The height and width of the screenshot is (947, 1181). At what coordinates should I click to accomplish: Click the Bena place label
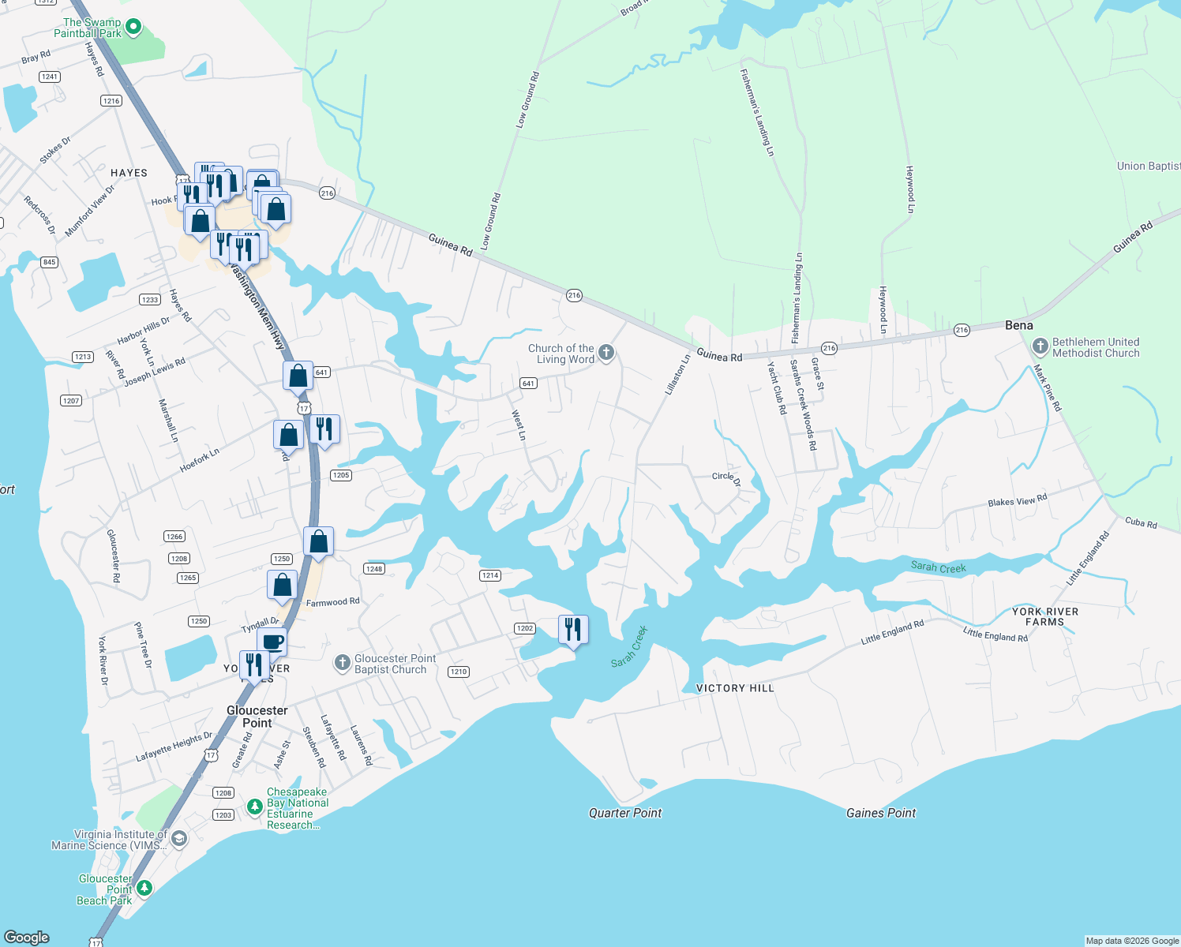tap(1018, 325)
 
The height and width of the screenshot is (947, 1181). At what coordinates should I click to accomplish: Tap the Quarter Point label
tap(625, 813)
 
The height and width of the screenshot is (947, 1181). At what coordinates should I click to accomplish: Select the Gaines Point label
tap(881, 813)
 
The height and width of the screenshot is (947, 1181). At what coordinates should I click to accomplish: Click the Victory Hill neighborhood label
tap(735, 688)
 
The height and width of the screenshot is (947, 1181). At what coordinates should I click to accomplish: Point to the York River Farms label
tap(1045, 616)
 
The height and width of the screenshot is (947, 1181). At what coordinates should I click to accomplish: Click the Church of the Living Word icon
tap(606, 353)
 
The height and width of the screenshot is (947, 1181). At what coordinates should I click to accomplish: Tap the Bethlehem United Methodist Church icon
tap(1040, 346)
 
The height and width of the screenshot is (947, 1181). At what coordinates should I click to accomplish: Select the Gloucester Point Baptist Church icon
tap(342, 663)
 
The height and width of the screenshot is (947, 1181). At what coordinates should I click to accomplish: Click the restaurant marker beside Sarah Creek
tap(573, 629)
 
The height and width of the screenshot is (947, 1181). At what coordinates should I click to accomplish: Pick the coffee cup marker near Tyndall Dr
tap(272, 641)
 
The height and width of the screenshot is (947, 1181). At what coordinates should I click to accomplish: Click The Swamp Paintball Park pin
tap(133, 28)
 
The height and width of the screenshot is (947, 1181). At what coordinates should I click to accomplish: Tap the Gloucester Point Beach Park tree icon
tap(144, 889)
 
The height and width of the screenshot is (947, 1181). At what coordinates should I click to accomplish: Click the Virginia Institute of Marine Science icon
tap(179, 838)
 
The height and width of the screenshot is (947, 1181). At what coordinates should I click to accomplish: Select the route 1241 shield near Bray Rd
tap(50, 77)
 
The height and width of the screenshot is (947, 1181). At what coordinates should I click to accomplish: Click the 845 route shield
tap(49, 262)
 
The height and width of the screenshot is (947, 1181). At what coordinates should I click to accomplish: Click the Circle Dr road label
tap(725, 477)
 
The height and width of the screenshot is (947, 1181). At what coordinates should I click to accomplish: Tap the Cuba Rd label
tap(1141, 522)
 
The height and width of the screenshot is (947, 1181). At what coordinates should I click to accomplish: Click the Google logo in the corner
tap(27, 938)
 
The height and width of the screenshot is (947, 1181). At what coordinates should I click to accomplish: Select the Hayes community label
tap(129, 173)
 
